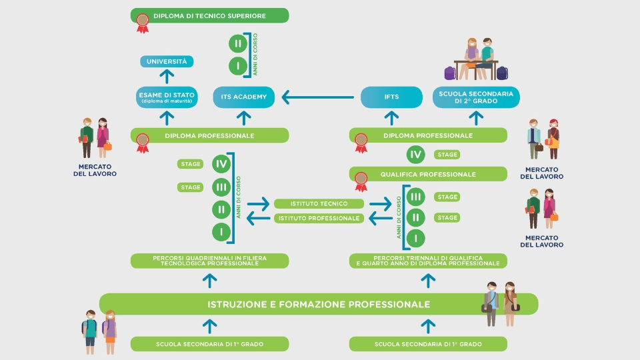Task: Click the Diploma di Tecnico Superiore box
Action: [x=210, y=15]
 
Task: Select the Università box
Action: [x=167, y=62]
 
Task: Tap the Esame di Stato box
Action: [x=167, y=97]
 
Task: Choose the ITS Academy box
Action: [x=243, y=97]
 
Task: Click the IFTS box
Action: [x=391, y=97]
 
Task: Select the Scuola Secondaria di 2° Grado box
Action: [x=475, y=97]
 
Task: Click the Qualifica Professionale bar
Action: [x=428, y=175]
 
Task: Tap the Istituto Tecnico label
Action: [x=319, y=203]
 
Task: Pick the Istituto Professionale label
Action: [x=319, y=218]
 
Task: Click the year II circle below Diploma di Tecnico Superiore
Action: [x=237, y=44]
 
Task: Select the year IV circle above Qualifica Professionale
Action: [x=416, y=155]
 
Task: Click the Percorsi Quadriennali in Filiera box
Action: [x=210, y=261]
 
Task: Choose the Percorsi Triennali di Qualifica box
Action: [x=428, y=261]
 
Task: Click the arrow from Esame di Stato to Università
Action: [x=167, y=78]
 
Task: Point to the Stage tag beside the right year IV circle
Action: [x=447, y=155]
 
